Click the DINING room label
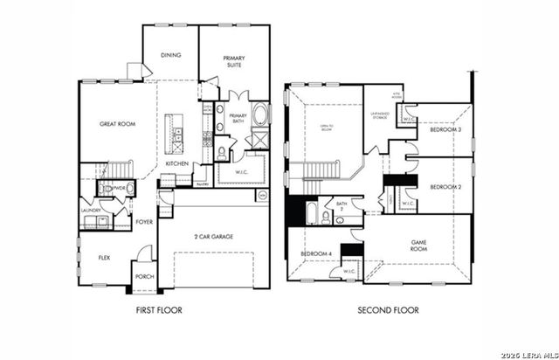pos(171,55)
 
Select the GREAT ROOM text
pos(119,125)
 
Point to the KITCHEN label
pos(178,163)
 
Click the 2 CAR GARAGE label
pos(214,236)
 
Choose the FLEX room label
pos(104,258)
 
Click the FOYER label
pos(144,222)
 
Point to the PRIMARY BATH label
pos(238,119)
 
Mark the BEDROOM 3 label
pos(445,129)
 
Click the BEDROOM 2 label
pos(445,187)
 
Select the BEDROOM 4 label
pos(316,253)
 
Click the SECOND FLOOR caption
pos(388,310)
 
